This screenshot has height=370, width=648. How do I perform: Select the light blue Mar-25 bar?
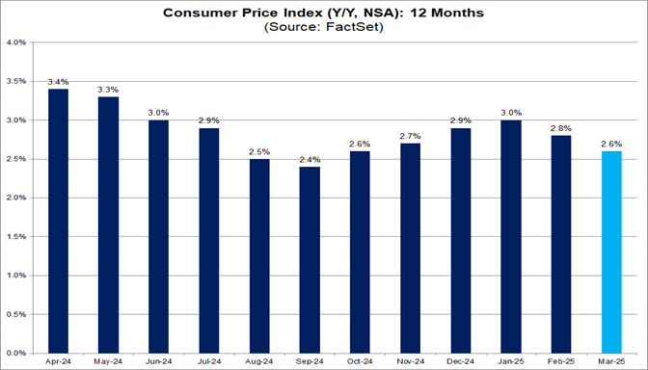click(611, 251)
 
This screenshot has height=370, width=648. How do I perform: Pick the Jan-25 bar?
click(511, 235)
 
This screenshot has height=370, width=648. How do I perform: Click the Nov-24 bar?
click(411, 247)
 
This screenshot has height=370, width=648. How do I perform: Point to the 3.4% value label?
click(59, 82)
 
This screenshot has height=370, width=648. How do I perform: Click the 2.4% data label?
click(310, 159)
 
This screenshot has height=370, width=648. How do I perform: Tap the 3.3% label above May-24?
click(109, 90)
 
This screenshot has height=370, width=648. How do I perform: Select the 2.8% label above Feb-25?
click(561, 128)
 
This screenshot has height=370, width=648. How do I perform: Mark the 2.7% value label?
click(411, 136)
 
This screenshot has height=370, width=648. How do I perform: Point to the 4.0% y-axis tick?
click(16, 43)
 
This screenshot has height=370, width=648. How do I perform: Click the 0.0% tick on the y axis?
click(16, 352)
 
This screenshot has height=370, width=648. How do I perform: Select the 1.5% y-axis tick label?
click(16, 236)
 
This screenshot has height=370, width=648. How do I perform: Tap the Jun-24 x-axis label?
click(159, 361)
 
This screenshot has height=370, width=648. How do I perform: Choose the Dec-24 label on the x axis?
click(461, 361)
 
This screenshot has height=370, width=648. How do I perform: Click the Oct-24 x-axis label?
click(361, 361)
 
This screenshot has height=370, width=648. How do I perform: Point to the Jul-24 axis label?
click(209, 361)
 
